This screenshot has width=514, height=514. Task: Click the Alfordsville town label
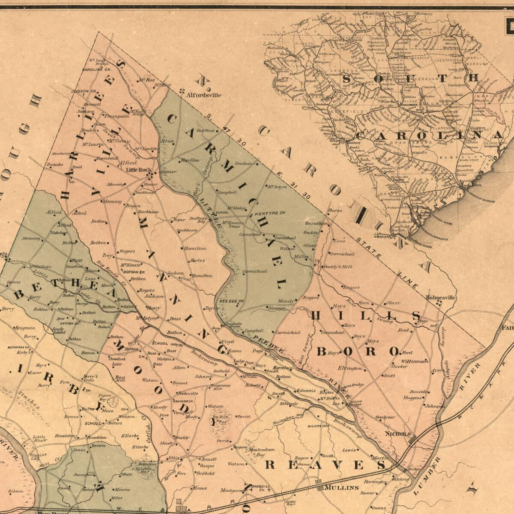(x=203, y=95)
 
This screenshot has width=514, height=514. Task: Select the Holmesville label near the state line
(x=441, y=297)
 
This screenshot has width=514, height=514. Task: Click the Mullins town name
(x=341, y=487)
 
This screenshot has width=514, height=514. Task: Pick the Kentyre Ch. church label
(x=270, y=213)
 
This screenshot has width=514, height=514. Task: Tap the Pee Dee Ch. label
(x=232, y=301)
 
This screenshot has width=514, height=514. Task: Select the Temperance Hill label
(x=221, y=387)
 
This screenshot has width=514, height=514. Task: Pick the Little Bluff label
(x=39, y=439)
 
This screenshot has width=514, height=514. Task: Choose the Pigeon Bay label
(x=105, y=397)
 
